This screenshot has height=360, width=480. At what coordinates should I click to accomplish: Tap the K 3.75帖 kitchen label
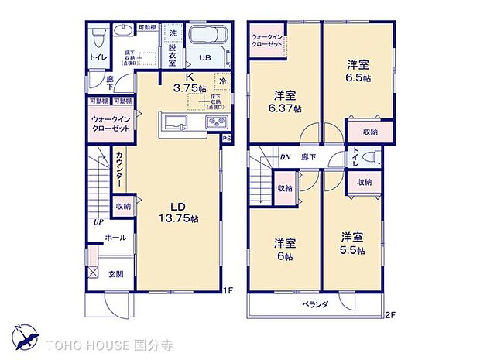(189, 83)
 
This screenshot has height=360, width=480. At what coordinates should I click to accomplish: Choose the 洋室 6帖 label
(283, 249)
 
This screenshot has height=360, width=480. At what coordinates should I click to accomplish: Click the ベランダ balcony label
(315, 304)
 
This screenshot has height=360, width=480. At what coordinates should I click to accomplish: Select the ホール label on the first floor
(115, 238)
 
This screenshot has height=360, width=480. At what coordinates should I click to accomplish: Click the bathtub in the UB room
(205, 37)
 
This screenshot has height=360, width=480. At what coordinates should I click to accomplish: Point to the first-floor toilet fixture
(98, 37)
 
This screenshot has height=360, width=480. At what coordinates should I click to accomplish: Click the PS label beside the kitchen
(226, 139)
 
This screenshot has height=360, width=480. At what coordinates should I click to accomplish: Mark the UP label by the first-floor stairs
(98, 221)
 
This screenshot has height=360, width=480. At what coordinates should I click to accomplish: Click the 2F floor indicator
(389, 315)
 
